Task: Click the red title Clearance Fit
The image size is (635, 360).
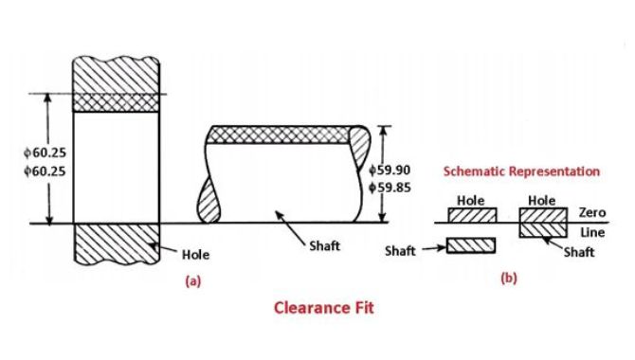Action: (323, 308)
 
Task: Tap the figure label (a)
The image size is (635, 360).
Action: (192, 280)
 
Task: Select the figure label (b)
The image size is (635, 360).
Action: (509, 279)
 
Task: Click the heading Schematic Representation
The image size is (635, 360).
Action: (521, 171)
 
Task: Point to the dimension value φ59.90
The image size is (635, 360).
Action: (390, 171)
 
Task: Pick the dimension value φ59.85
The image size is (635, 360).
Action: (390, 188)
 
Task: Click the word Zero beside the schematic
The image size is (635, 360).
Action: (592, 212)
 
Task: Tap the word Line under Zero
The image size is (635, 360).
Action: (592, 232)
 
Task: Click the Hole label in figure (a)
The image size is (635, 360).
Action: (195, 255)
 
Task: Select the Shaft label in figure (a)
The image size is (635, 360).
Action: (324, 245)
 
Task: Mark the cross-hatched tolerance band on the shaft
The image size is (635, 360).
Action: (280, 135)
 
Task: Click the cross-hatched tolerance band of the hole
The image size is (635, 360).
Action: (116, 103)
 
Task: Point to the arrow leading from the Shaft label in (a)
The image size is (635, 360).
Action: (291, 227)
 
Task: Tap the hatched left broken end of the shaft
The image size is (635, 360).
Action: (209, 201)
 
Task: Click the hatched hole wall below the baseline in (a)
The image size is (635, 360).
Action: (116, 243)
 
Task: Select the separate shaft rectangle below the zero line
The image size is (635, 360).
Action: (471, 245)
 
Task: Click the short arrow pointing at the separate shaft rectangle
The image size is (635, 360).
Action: (433, 248)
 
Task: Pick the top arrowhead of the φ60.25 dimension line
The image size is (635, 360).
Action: (48, 99)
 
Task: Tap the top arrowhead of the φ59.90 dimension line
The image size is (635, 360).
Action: (383, 131)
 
